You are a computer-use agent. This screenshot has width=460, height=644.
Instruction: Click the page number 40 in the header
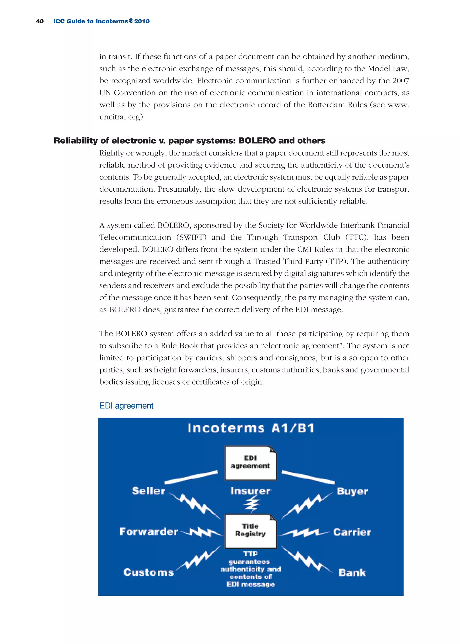coord(40,21)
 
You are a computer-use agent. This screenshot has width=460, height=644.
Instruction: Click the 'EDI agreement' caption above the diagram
coord(126,405)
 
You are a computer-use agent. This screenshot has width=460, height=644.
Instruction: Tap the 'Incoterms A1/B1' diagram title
coord(251,428)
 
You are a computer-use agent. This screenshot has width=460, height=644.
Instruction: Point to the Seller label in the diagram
coord(148,491)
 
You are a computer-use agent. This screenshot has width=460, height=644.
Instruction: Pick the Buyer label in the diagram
coord(352,491)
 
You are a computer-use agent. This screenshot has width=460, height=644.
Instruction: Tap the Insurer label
coord(250,491)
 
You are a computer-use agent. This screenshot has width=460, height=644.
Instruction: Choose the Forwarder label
coord(149,531)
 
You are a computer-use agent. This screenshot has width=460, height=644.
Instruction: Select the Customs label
coord(149,572)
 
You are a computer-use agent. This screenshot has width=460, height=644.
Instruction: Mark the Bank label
coord(352,572)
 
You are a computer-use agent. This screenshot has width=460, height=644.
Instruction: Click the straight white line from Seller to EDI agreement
coord(191,477)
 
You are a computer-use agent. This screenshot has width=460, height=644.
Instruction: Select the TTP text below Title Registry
coord(250,554)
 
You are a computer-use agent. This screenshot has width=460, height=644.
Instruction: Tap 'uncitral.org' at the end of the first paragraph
coord(120,117)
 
